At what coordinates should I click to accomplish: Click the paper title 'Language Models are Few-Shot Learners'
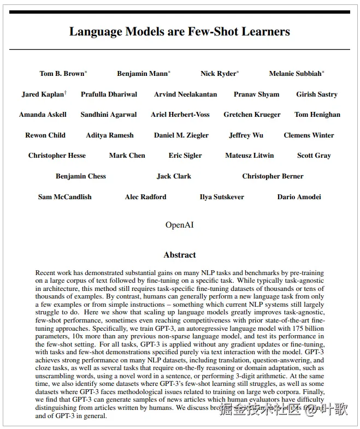pos(179,31)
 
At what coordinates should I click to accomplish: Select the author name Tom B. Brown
pos(62,74)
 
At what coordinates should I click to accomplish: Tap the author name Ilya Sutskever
pos(222,196)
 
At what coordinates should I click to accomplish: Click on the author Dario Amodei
pos(299,196)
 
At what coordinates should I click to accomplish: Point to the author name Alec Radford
pos(145,196)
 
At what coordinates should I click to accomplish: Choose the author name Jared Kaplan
pos(43,94)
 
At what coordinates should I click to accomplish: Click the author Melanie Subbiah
pos(295,74)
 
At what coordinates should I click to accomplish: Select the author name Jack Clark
pos(174,176)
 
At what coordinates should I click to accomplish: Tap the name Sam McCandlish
pos(64,196)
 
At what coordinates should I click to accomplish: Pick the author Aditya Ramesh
pos(109,135)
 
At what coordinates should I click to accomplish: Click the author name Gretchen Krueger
pos(252,115)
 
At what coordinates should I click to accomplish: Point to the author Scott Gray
pos(314,156)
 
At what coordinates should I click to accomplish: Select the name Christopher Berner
pos(273,176)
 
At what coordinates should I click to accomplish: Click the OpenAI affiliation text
pos(179,225)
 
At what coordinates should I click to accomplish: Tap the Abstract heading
pos(179,255)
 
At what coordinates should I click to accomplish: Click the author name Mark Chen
pos(127,156)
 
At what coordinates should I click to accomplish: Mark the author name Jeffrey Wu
pos(246,135)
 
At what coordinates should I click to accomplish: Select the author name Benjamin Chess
pos(81,176)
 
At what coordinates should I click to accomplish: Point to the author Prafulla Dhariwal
pos(109,94)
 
